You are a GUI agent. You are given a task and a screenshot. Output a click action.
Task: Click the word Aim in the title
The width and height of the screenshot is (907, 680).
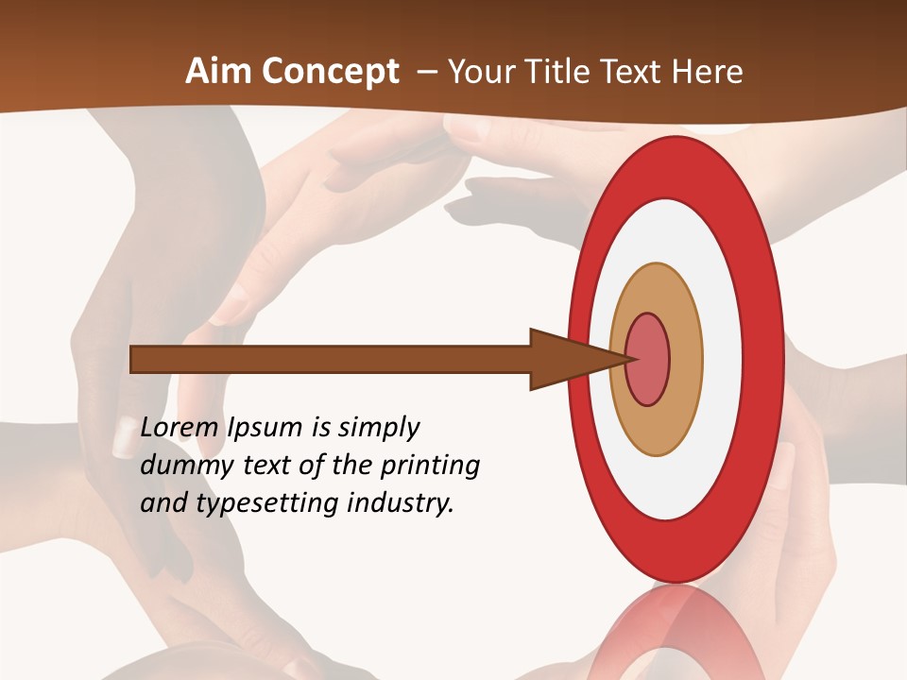219,72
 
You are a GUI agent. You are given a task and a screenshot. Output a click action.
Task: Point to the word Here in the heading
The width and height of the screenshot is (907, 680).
707,72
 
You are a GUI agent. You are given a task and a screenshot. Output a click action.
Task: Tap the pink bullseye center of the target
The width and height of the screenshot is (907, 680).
648,360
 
